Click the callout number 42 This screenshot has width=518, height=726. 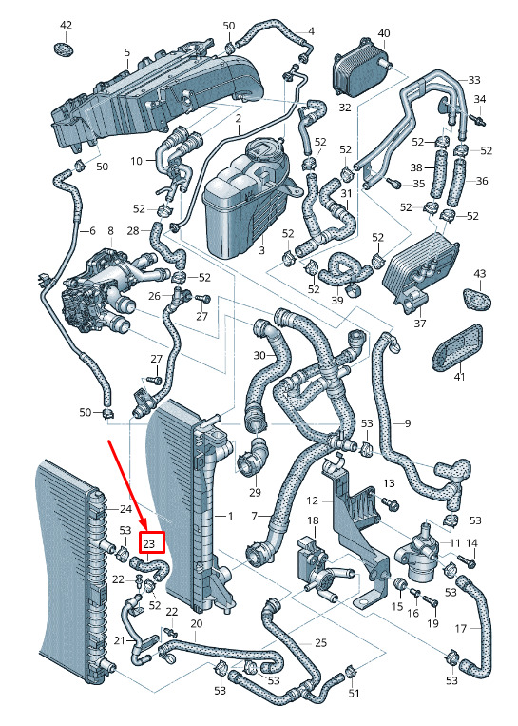tap(67, 25)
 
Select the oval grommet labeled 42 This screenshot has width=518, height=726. tap(64, 49)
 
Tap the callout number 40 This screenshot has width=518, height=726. tap(384, 33)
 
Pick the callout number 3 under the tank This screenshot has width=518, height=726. tap(261, 251)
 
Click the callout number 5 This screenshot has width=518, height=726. tap(127, 52)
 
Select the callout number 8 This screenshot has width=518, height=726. tap(110, 229)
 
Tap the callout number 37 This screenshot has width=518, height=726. tap(419, 323)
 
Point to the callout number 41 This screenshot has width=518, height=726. tap(459, 378)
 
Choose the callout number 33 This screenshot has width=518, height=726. tap(474, 80)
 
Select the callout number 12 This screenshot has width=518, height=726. tap(313, 501)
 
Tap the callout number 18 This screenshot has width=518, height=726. tap(313, 520)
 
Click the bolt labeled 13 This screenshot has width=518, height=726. tap(392, 503)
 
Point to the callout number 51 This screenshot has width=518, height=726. tap(354, 693)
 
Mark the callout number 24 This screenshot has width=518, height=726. tap(125, 509)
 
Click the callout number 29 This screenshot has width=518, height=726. tap(255, 492)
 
